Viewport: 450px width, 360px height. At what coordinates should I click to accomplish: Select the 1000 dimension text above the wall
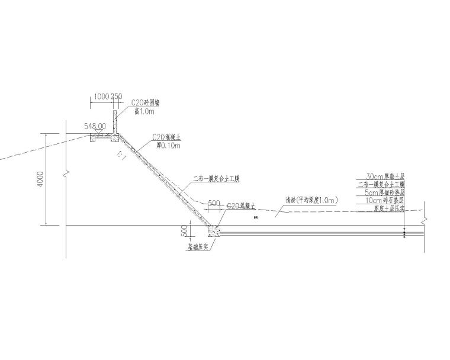click(x=101, y=97)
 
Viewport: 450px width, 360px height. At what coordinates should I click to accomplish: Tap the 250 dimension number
click(x=117, y=97)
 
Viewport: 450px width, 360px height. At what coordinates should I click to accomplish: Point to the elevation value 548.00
click(x=95, y=126)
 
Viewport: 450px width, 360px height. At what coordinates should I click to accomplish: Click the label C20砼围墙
click(x=144, y=103)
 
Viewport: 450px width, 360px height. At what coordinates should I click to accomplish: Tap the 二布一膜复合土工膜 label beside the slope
click(x=220, y=178)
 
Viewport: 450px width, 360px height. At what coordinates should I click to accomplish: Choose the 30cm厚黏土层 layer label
click(x=385, y=176)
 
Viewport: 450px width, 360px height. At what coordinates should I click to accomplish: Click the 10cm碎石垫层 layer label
click(x=384, y=201)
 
